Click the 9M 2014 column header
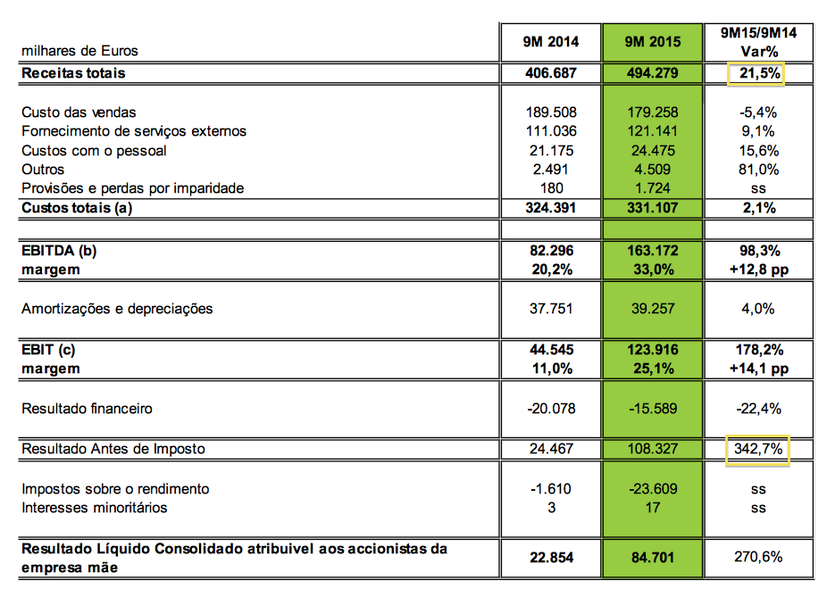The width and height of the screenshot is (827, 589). coord(551,42)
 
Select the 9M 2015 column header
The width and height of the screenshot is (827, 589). coord(652,42)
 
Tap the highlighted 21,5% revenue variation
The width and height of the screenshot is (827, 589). coord(756,73)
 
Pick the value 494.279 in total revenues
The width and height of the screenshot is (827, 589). coord(652,73)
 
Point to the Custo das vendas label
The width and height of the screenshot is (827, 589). coord(79,112)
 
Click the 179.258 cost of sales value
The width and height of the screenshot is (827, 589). coord(652,112)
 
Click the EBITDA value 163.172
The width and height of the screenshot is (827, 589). coord(652,251)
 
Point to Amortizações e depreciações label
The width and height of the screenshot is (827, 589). coord(117,309)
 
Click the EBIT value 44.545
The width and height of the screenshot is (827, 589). coord(551,350)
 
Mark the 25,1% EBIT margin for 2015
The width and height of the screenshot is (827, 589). coord(652,368)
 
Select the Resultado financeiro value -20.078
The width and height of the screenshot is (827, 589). coord(551,409)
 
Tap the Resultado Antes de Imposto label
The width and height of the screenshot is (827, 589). coord(113,449)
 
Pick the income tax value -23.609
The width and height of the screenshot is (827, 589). coord(652,489)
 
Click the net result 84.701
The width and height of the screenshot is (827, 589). coord(652,558)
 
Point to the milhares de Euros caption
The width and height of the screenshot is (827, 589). coord(80,51)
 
